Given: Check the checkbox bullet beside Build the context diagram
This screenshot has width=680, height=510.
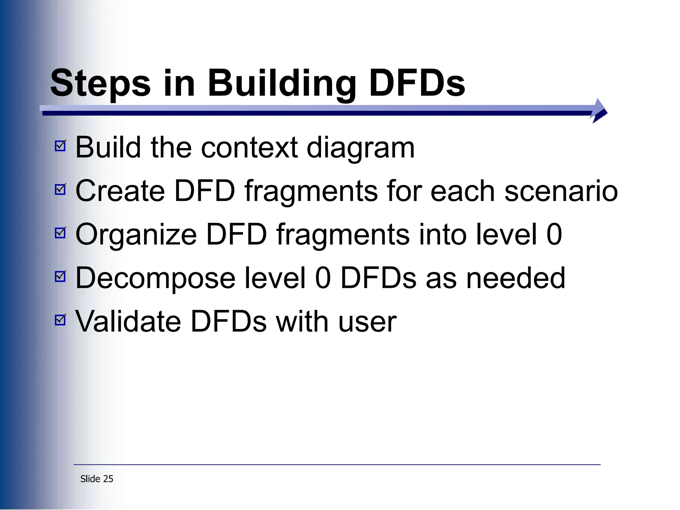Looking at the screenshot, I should tap(60, 145).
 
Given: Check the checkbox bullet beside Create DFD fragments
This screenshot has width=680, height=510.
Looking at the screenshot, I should tap(60, 189).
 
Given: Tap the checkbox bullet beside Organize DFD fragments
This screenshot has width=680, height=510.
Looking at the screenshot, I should tap(60, 233).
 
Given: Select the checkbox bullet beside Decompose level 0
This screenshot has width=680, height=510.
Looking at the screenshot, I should tap(60, 276).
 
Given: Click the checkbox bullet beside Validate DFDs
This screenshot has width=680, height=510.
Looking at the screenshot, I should tap(60, 320).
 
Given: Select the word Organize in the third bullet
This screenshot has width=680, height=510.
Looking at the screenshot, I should tap(136, 235).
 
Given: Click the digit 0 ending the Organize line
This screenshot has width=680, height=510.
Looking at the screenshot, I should tap(554, 234).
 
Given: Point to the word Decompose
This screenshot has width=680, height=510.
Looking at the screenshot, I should tap(155, 278).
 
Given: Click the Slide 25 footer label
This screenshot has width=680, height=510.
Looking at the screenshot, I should tap(97, 479).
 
